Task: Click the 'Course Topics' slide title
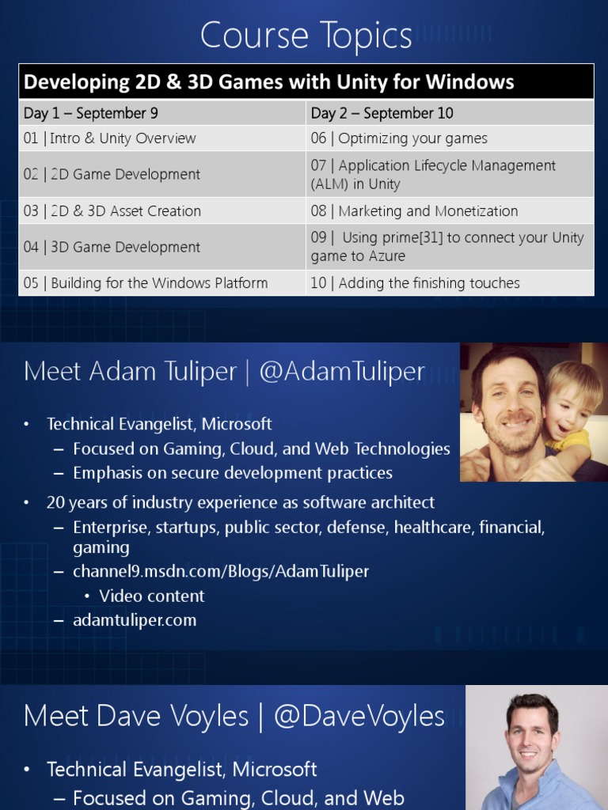click(306, 36)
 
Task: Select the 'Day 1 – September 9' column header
click(90, 113)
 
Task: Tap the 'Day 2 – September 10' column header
click(382, 113)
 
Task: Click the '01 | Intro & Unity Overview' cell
click(109, 138)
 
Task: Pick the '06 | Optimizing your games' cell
click(399, 138)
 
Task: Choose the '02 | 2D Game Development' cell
click(112, 174)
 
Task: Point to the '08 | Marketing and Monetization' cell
click(414, 211)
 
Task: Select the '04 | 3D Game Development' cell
click(112, 247)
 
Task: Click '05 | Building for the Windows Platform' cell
click(146, 283)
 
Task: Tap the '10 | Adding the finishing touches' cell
click(415, 283)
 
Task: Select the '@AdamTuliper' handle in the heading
click(341, 371)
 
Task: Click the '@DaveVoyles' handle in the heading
click(359, 716)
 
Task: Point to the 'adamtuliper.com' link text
click(135, 620)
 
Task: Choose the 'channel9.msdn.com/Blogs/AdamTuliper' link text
click(221, 571)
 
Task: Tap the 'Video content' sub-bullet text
click(152, 596)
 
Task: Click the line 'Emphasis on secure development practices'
click(233, 473)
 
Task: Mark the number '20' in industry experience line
click(55, 502)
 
